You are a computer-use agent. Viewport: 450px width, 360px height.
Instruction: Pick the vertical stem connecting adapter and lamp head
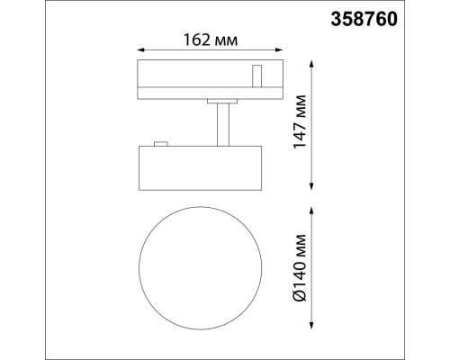220,123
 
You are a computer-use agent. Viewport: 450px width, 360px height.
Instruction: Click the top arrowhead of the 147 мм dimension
312,63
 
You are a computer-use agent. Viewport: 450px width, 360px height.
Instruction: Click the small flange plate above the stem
220,101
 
